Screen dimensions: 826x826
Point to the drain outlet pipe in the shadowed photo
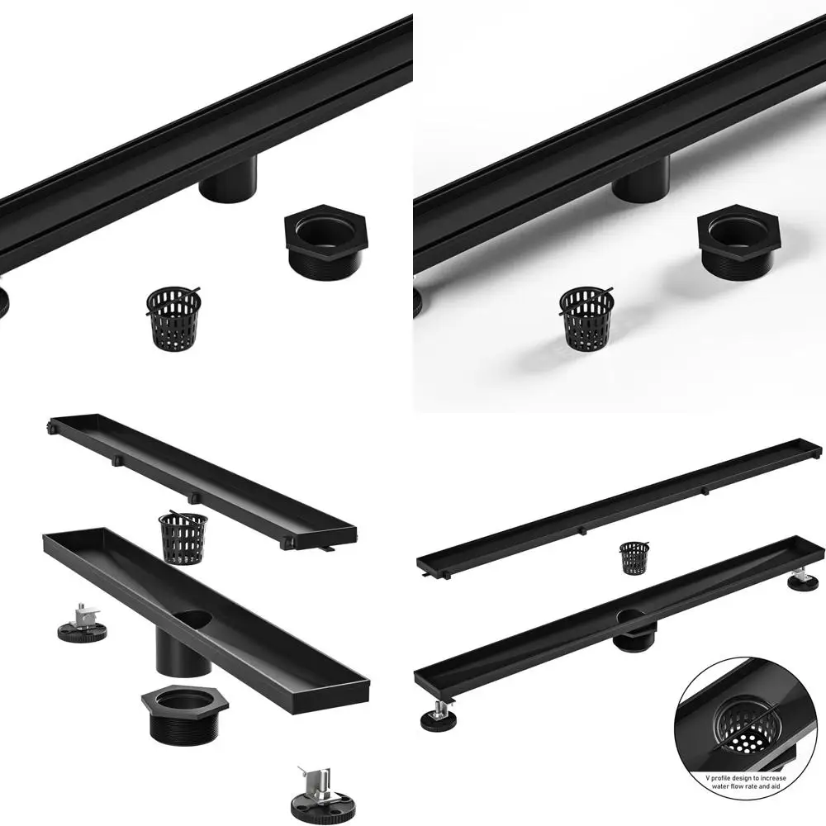tap(641, 179)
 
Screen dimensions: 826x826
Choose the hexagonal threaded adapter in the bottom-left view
tap(183, 719)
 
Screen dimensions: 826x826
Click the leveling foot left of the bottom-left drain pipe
tap(82, 624)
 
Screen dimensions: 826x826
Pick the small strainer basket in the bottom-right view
tap(634, 558)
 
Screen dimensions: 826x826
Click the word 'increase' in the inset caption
tap(769, 778)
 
